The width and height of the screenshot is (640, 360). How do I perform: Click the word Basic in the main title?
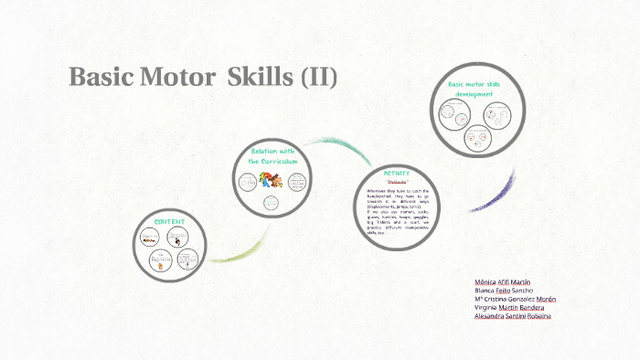(x=101, y=79)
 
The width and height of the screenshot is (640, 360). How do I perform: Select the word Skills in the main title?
(x=259, y=79)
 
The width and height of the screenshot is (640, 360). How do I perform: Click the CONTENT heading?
(x=170, y=222)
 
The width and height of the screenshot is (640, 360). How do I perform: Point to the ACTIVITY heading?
(x=397, y=173)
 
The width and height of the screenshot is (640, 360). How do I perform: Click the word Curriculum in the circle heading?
(x=280, y=161)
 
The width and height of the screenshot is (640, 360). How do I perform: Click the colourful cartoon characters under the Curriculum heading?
(x=268, y=181)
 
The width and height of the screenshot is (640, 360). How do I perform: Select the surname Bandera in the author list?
(x=539, y=308)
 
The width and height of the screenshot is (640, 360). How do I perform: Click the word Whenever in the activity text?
(x=371, y=191)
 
